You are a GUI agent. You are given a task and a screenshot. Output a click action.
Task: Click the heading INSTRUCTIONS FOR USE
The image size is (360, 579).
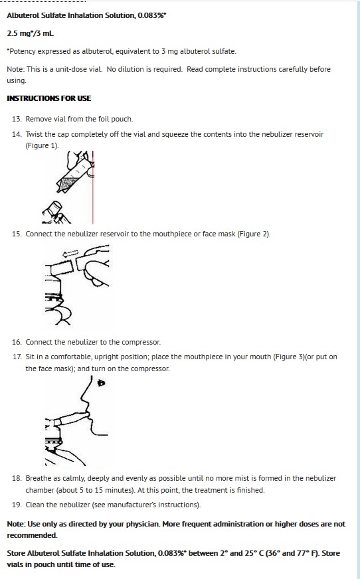point(48,98)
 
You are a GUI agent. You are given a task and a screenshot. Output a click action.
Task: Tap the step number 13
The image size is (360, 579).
point(17,119)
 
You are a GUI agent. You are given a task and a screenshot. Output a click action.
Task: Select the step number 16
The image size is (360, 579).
point(17,342)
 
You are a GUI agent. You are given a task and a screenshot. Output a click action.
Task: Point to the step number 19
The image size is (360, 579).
point(17,505)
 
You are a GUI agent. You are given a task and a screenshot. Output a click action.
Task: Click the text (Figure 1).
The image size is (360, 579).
point(42,145)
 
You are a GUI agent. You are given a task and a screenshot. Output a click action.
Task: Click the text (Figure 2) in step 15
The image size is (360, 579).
point(254,234)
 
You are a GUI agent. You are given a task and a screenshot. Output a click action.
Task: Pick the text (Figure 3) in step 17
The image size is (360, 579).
point(290,357)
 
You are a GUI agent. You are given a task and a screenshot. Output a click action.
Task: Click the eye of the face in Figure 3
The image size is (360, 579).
point(101,383)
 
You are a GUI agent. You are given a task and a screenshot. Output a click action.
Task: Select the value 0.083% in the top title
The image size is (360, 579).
point(151,15)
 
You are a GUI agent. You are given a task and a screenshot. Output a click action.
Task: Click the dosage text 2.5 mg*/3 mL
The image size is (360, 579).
point(31,33)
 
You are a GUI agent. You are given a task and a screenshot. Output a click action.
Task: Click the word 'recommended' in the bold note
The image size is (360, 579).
point(32,535)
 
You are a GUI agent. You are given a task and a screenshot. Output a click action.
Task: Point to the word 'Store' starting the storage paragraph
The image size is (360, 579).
point(16,553)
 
